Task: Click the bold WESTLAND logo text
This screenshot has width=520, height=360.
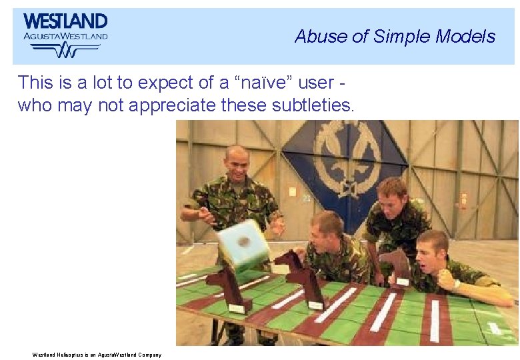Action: pyautogui.click(x=65, y=22)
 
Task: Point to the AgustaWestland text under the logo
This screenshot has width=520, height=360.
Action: pyautogui.click(x=65, y=37)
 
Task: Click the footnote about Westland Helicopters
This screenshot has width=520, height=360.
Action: pyautogui.click(x=97, y=355)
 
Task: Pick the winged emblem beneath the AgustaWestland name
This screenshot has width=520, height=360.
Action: pyautogui.click(x=65, y=49)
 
